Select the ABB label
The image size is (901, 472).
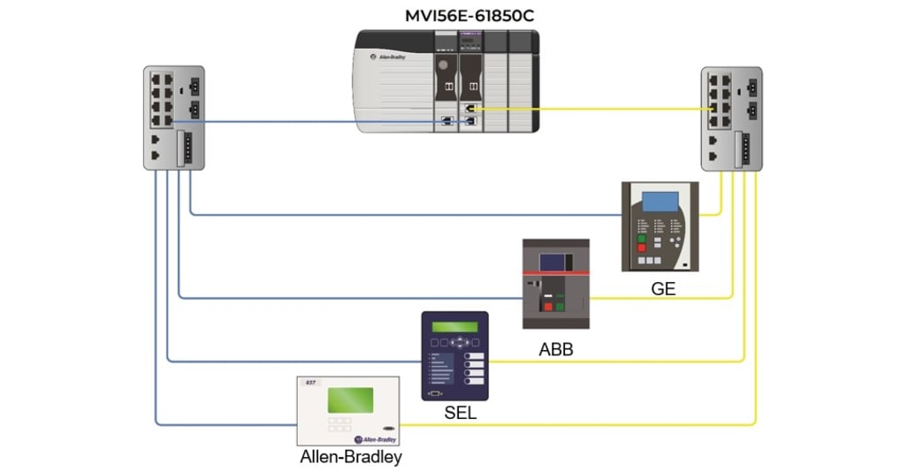555,349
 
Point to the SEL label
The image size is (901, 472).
461,412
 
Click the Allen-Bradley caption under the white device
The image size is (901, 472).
351,457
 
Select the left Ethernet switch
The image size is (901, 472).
173,117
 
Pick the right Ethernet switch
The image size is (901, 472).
730,118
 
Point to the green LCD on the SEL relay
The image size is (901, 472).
454,327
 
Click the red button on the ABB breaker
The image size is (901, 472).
547,307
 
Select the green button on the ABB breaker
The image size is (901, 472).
560,307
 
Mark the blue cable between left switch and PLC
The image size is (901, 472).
309,122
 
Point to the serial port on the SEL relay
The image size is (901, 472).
434,391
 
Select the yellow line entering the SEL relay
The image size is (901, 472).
575,362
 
